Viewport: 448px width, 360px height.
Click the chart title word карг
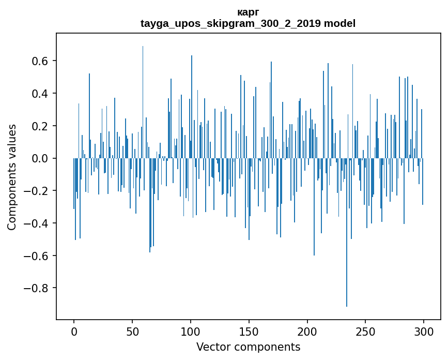point(248,12)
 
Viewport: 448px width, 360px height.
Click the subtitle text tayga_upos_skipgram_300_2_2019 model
point(248,23)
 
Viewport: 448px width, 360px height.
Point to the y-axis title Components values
point(11,177)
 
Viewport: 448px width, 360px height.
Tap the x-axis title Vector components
point(248,347)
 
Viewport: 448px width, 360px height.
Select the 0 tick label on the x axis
point(74,331)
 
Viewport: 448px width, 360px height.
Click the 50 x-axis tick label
point(132,331)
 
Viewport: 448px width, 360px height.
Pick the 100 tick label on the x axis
point(191,331)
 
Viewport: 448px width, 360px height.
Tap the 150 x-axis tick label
point(249,331)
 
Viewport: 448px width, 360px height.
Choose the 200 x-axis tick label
point(307,331)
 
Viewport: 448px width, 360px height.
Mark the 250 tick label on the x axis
point(366,331)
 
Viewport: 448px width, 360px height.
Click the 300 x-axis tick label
point(424,331)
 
